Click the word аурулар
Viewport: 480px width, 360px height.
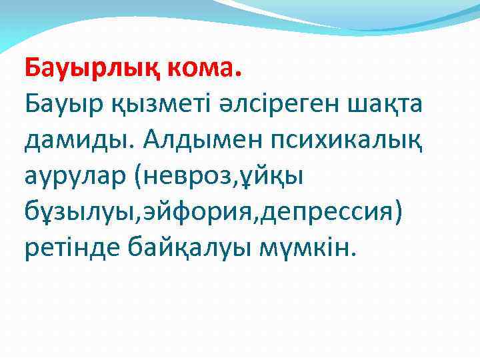[x=75, y=178]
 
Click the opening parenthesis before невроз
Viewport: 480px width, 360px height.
[x=143, y=178]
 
